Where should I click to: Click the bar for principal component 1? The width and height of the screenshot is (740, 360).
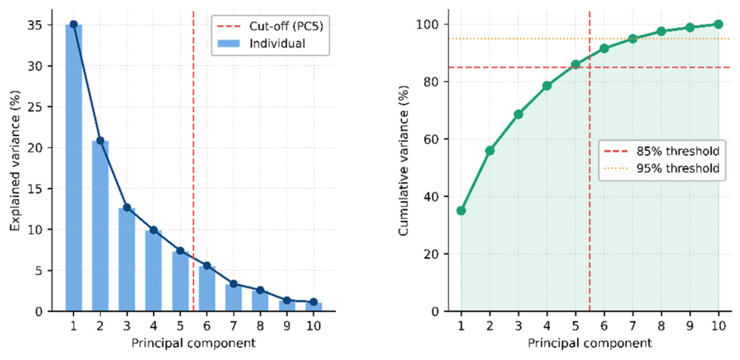click(x=73, y=167)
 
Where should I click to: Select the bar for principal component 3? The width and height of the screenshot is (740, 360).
click(x=127, y=259)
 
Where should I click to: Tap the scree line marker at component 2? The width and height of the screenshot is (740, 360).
click(x=100, y=140)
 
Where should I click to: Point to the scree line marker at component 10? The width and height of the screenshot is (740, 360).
click(x=314, y=302)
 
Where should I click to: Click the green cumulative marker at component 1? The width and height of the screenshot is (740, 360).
click(x=461, y=211)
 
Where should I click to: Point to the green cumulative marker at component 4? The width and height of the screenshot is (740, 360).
click(x=547, y=86)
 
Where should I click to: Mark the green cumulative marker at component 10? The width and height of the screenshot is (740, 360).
click(x=718, y=24)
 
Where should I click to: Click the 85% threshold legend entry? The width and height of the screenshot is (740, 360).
click(x=663, y=152)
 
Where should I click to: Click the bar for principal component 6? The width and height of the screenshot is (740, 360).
click(x=207, y=289)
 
